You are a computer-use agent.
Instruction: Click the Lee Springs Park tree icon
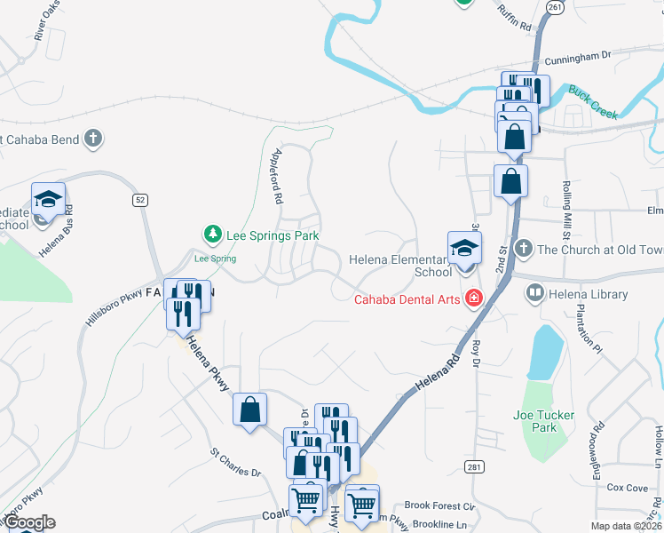tap(212, 235)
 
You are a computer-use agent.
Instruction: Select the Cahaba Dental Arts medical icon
tap(475, 298)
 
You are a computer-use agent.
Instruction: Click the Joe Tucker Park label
tap(543, 421)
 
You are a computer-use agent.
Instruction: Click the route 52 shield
tap(140, 200)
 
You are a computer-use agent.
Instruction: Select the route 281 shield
tap(471, 466)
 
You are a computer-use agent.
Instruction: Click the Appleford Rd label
tap(276, 177)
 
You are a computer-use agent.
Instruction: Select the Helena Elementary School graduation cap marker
tap(463, 250)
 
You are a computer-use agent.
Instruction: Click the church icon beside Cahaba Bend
tap(92, 139)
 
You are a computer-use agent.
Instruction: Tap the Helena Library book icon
tap(535, 292)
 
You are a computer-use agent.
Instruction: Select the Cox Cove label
tap(627, 488)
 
